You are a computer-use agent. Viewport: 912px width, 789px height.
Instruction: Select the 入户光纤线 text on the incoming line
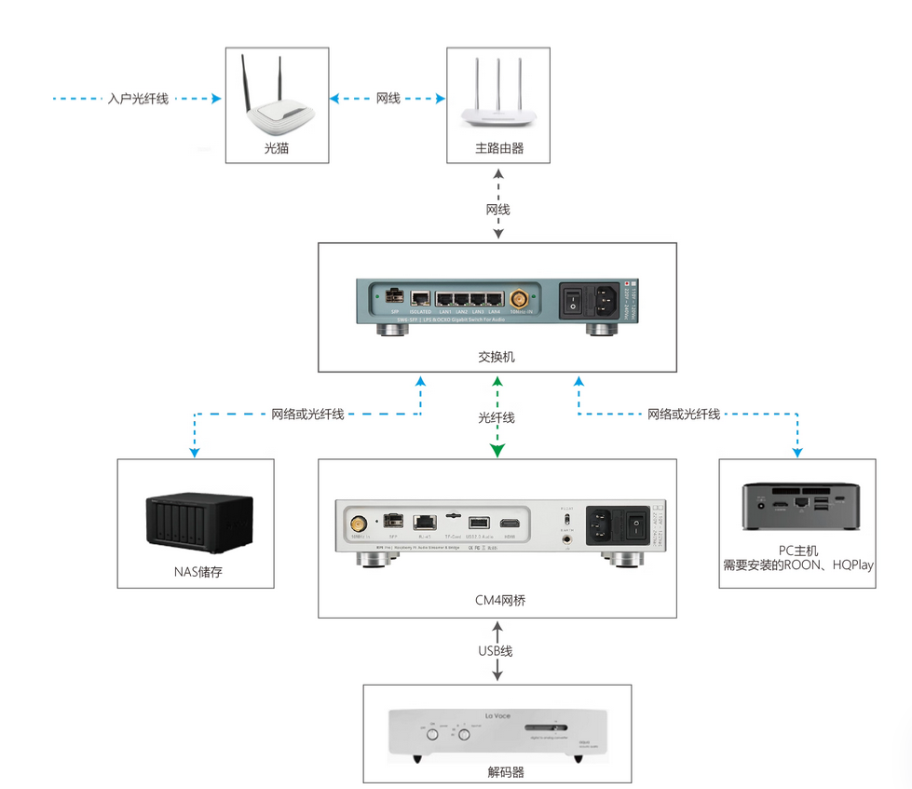[138, 98]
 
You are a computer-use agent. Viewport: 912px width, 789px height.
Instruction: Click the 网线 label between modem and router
[388, 98]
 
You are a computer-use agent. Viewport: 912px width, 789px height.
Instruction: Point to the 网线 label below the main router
[498, 210]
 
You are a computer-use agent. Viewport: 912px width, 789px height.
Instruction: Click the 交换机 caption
[497, 357]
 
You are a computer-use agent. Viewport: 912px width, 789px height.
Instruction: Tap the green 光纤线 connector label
[497, 418]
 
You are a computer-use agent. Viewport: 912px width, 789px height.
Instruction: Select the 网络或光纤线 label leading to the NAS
[307, 414]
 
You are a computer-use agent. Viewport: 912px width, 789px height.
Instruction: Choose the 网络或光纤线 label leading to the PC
[684, 414]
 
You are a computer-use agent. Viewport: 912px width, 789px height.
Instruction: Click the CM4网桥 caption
[499, 601]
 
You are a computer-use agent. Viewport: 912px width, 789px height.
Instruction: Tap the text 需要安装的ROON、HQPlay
[798, 565]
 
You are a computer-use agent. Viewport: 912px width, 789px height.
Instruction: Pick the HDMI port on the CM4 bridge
[510, 524]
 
